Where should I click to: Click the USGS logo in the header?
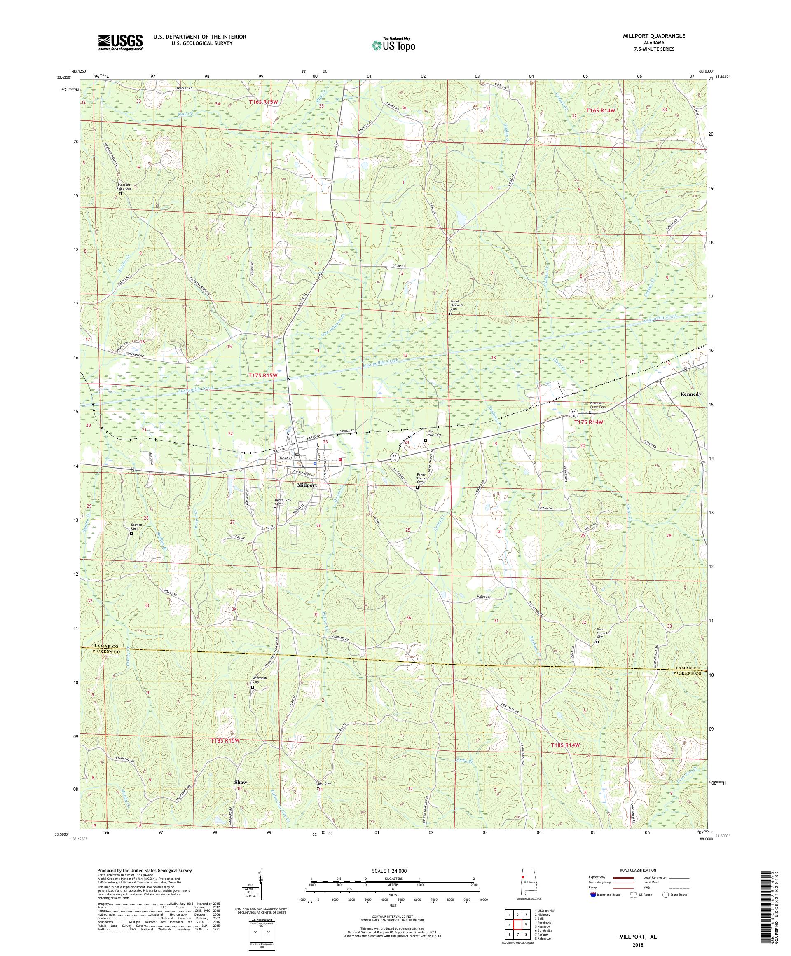pyautogui.click(x=120, y=43)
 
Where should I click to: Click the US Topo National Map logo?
pyautogui.click(x=394, y=44)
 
